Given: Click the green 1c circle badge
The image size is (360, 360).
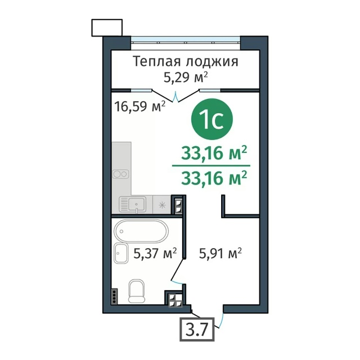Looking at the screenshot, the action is (x=211, y=119).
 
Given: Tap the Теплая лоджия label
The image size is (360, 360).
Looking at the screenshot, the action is (x=186, y=62).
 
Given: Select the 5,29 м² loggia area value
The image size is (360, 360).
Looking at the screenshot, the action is (x=186, y=77).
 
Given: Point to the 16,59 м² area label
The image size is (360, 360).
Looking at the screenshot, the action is (x=140, y=106).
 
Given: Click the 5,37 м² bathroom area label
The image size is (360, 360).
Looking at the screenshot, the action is (x=155, y=253).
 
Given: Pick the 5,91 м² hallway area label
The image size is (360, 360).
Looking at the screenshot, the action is (x=220, y=253).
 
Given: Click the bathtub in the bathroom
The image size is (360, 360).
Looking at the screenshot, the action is (x=141, y=231).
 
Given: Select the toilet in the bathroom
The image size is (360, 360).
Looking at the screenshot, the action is (x=137, y=291).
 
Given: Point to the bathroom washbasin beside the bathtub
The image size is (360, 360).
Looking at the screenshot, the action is (x=121, y=253).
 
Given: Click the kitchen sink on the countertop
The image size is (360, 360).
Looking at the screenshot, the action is (x=133, y=204).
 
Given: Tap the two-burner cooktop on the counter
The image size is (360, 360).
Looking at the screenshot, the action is (x=120, y=174).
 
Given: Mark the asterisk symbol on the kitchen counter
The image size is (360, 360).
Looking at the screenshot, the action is (x=162, y=205).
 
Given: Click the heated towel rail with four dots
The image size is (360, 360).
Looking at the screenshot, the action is (x=114, y=296).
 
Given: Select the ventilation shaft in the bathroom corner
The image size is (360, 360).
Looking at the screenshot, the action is (x=175, y=300).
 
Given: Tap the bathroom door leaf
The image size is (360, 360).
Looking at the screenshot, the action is (x=178, y=269).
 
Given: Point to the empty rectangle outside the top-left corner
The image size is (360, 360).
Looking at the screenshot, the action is (x=107, y=28).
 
